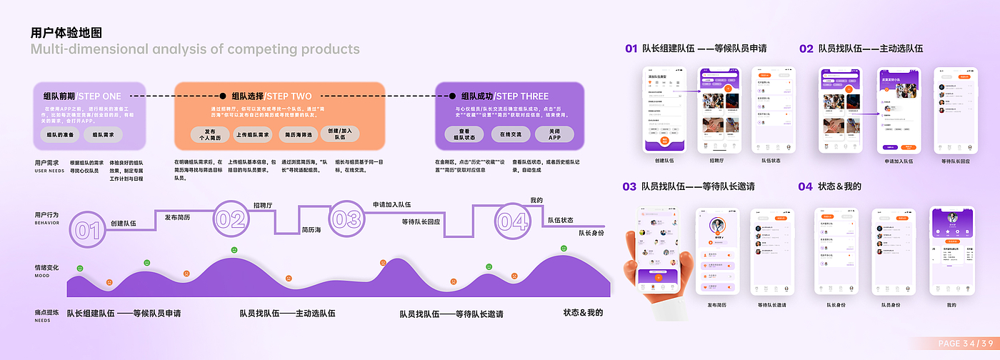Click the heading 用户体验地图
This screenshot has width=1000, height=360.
click(66, 33)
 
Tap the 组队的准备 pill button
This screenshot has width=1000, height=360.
click(59, 134)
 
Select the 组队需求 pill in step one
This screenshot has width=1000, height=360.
click(103, 134)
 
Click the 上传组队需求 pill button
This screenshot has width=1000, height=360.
click(254, 134)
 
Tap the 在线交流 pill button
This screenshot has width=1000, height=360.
click(511, 134)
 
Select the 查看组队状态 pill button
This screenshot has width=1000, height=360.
click(464, 134)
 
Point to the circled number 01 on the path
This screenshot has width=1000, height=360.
click(87, 229)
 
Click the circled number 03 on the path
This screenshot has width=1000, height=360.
click(346, 219)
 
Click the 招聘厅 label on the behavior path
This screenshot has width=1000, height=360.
click(263, 205)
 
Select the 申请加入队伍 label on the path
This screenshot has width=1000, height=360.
click(391, 205)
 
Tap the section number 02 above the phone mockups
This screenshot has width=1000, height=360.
click(806, 49)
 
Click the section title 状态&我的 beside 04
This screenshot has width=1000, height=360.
click(839, 186)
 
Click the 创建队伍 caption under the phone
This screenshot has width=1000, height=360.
click(664, 161)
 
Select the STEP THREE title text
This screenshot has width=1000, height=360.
click(522, 96)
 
